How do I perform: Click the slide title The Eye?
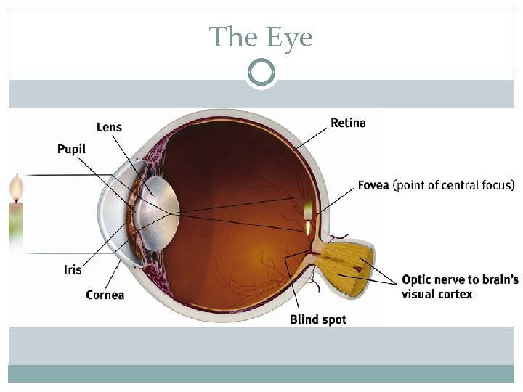[261, 36]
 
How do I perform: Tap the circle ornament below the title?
[261, 73]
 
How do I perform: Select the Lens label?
[109, 127]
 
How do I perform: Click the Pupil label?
[71, 149]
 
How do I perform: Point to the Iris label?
[73, 269]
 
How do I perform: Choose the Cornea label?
[105, 294]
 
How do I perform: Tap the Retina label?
[348, 123]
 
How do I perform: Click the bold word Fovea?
[373, 185]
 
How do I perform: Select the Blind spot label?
[317, 319]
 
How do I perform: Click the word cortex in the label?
[455, 294]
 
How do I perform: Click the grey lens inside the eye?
[158, 212]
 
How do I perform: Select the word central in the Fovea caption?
[454, 185]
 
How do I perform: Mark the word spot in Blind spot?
[333, 319]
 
